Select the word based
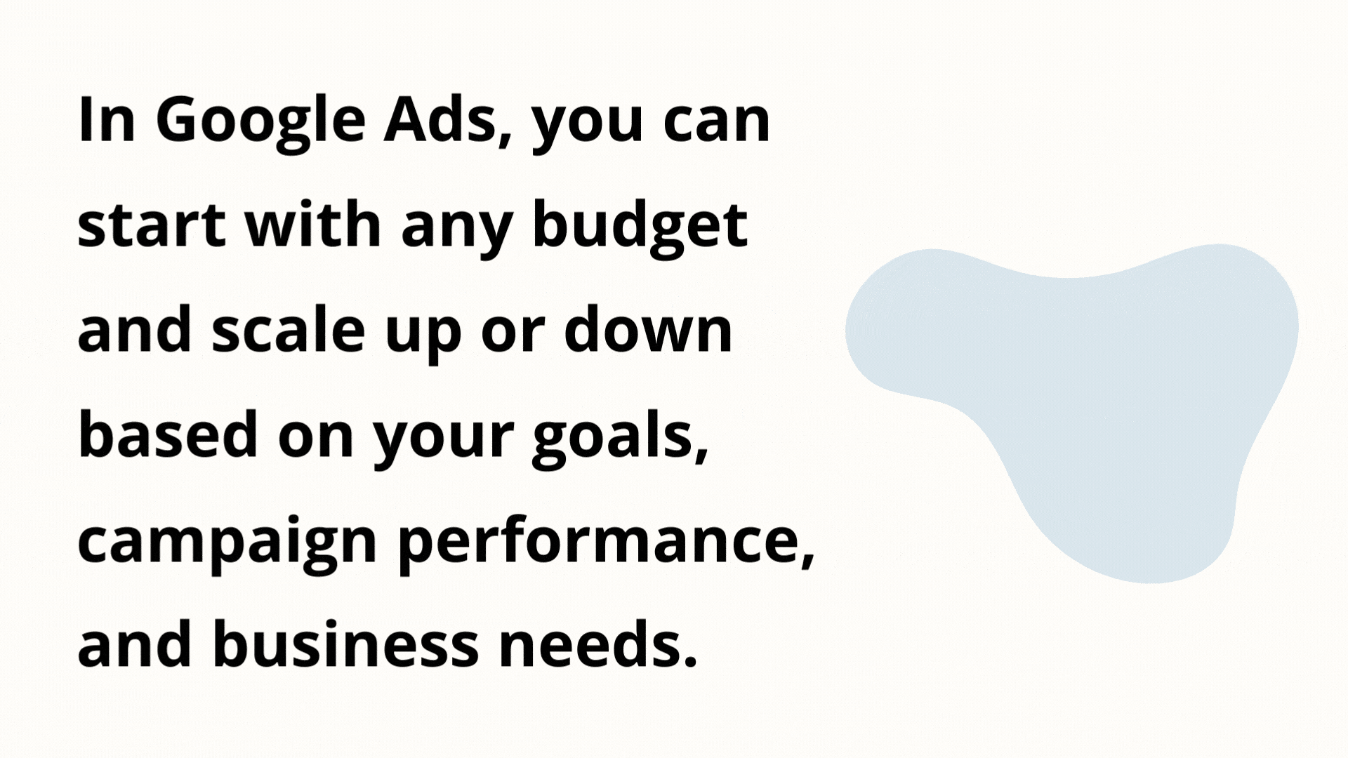tap(168, 433)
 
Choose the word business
tap(345, 644)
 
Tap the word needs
tap(598, 644)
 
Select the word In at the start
tap(106, 120)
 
